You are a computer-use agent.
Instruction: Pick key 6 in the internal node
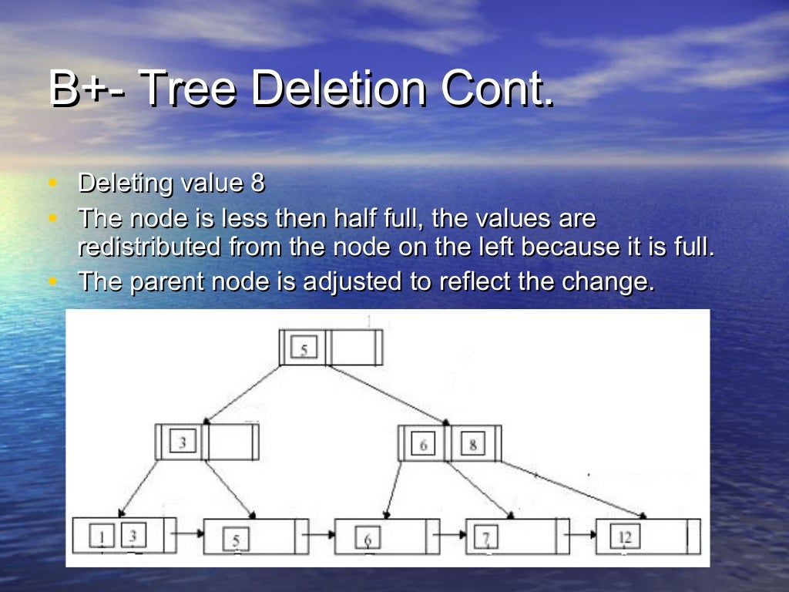423,445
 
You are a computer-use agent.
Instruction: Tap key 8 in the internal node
472,445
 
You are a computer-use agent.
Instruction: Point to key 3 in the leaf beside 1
133,534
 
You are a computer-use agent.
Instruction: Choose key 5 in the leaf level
236,538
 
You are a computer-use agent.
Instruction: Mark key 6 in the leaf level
368,538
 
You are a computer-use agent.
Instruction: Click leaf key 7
486,536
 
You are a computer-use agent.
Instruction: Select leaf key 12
623,536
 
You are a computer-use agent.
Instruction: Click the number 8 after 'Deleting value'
257,183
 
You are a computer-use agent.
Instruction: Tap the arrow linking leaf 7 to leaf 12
578,533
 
